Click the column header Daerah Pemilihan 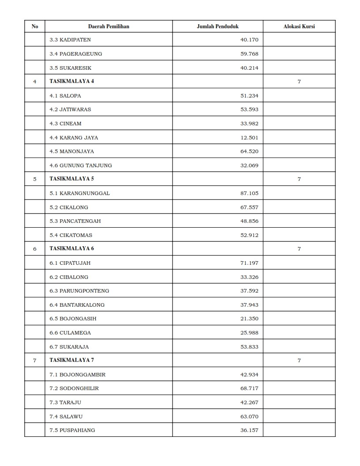(109, 26)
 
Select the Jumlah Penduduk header (217, 26)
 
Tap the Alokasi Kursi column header (299, 26)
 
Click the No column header (35, 26)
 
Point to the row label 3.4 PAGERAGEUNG (76, 54)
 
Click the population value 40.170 (249, 40)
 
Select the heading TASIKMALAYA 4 (71, 81)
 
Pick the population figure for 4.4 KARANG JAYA (249, 138)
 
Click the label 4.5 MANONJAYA (72, 151)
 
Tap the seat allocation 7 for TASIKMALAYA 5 (299, 179)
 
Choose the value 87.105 (249, 193)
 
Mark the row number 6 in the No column (35, 249)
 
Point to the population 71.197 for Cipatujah (249, 263)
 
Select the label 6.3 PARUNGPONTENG (79, 291)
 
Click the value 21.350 (249, 319)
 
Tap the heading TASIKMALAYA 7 (71, 360)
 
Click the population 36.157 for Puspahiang (249, 430)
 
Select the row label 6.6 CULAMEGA (70, 333)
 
